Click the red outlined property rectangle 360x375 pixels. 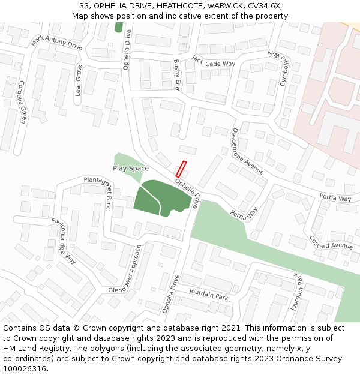[181, 169]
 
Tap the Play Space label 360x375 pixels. [131, 169]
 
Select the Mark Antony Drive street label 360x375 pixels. [57, 42]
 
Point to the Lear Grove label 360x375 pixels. [78, 80]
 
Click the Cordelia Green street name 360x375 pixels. [22, 102]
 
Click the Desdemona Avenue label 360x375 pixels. [248, 151]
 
